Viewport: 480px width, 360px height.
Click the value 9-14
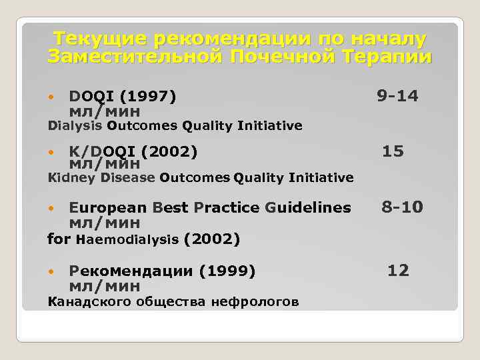397,97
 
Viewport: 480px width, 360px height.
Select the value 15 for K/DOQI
393,151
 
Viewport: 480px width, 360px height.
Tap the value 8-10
402,207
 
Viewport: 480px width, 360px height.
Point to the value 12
398,270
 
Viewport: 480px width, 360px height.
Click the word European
108,207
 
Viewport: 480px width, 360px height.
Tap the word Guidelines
307,207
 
